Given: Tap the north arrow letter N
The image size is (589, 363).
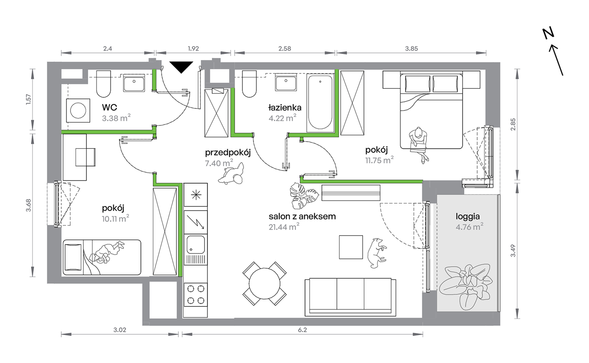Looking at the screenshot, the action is (x=548, y=33).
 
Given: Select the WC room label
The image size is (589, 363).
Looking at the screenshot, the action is (x=109, y=107).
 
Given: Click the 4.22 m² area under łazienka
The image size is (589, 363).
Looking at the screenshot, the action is (x=282, y=118).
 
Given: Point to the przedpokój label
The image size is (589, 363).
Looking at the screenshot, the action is (x=228, y=152).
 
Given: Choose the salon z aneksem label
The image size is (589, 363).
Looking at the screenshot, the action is (x=302, y=216).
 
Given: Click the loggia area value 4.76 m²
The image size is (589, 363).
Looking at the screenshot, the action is (x=469, y=226).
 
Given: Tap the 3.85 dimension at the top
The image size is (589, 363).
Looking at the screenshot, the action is (x=411, y=48).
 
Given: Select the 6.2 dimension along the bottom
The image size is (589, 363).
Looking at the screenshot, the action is (x=302, y=330).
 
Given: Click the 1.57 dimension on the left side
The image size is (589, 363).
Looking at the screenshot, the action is (x=29, y=99).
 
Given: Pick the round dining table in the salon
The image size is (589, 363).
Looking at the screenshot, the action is (x=264, y=284).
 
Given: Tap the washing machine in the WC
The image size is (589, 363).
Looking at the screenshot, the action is (x=78, y=110).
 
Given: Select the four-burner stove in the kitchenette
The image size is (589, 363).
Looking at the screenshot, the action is (x=196, y=295).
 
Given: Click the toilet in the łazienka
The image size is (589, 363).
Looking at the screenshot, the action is (x=249, y=84).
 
